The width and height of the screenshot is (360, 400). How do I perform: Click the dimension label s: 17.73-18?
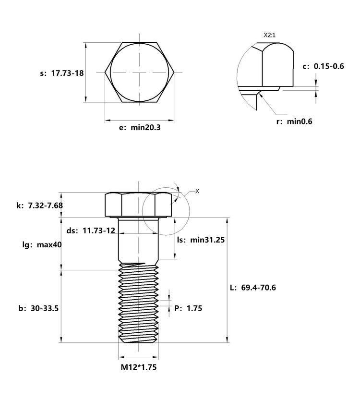[x=62, y=73]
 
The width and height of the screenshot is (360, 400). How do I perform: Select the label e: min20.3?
[x=140, y=127]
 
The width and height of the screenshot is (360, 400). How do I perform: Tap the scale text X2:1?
[x=269, y=35]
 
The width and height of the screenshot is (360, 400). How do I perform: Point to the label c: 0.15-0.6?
[x=323, y=66]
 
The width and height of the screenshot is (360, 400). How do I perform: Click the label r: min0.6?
[x=294, y=121]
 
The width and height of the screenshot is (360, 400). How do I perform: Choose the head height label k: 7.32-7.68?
[x=39, y=206]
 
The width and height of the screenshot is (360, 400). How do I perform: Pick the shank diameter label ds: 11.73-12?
[x=91, y=230]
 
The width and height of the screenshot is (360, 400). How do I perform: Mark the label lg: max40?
[x=42, y=245]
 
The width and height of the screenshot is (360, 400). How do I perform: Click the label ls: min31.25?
[x=201, y=240]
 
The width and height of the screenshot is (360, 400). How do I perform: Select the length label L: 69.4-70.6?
[x=253, y=288]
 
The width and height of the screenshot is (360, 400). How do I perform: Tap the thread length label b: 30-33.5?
[x=38, y=308]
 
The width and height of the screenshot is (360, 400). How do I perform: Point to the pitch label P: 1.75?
[x=188, y=308]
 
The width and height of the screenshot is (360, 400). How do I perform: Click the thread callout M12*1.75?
[x=139, y=367]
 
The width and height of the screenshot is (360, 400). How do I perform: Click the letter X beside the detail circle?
[x=197, y=191]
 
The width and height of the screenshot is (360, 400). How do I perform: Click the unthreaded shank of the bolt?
[x=138, y=240]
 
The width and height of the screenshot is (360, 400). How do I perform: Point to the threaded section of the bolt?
[x=138, y=303]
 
